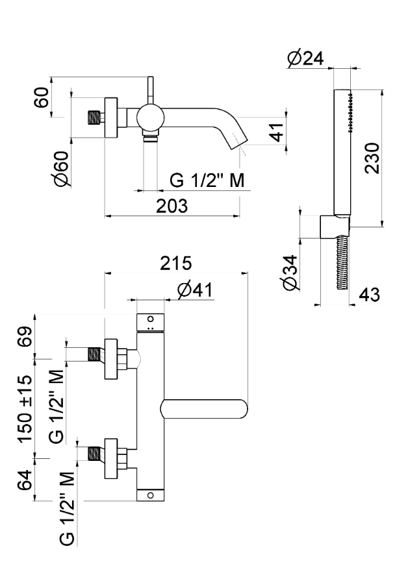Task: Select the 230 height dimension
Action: click(372, 158)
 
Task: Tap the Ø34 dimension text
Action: click(290, 273)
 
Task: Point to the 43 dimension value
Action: click(370, 293)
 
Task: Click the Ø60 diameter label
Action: click(62, 171)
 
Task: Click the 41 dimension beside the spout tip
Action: click(276, 133)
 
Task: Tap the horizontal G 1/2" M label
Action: click(207, 180)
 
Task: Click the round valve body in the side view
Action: click(150, 118)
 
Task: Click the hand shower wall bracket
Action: click(333, 227)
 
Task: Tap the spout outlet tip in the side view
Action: click(238, 139)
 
